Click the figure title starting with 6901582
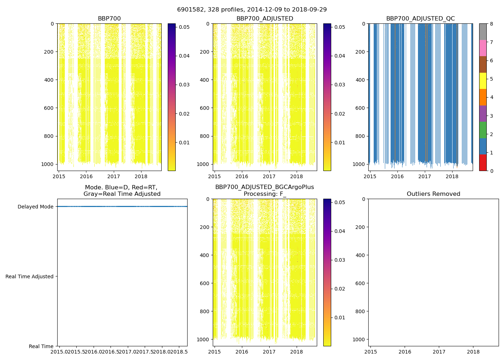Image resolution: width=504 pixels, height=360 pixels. [x=252, y=10]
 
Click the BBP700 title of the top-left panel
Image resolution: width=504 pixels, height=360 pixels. [x=109, y=19]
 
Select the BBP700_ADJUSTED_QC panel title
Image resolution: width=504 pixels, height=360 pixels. [x=420, y=19]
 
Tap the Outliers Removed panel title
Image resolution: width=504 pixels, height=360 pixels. [x=433, y=194]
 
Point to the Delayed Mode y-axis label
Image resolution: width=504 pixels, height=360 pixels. [x=35, y=207]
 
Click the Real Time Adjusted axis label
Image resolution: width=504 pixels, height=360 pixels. [x=30, y=276]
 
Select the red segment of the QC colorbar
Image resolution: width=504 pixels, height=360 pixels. [x=483, y=163]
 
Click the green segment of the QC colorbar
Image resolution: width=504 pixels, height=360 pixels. [x=483, y=130]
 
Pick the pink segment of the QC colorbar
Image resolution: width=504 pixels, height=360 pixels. [x=483, y=48]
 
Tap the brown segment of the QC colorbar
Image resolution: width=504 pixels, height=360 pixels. [x=483, y=64]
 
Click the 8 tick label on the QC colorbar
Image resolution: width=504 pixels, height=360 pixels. [x=491, y=24]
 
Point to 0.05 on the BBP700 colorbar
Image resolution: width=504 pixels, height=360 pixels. [x=184, y=27]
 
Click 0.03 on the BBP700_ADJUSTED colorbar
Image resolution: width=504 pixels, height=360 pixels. [x=340, y=85]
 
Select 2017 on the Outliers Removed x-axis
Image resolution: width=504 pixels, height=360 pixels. [x=439, y=352]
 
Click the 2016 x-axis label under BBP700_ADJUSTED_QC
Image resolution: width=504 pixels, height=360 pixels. [x=397, y=176]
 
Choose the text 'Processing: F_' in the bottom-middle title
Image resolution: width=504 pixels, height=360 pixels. [x=265, y=194]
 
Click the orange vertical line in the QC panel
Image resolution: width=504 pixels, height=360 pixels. [x=426, y=94]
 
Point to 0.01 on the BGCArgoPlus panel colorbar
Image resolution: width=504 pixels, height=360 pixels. [x=340, y=318]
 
